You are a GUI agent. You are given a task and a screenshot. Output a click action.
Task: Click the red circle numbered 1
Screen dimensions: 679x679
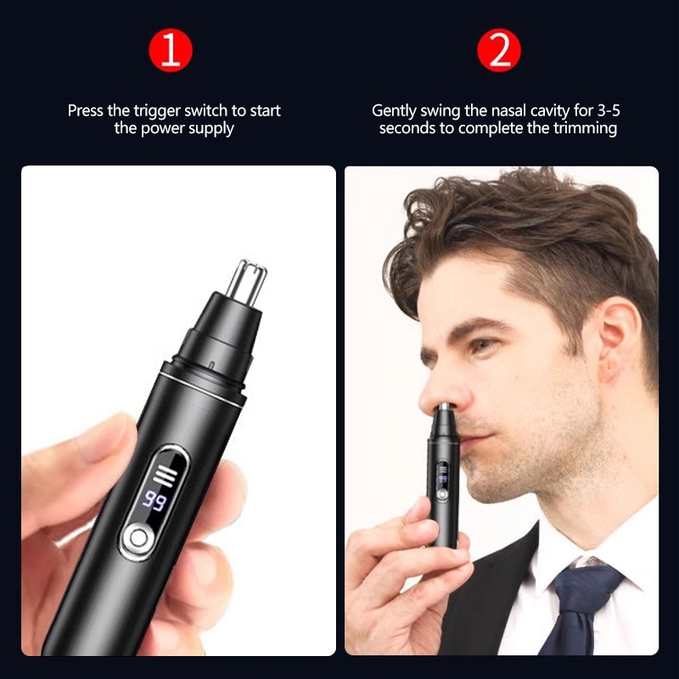[171, 50]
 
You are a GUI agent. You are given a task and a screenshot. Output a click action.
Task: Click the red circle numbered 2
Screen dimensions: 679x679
[499, 50]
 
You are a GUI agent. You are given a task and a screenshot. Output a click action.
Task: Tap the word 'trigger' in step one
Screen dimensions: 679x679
[158, 112]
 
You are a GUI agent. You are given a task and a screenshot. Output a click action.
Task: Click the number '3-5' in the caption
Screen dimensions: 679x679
[609, 110]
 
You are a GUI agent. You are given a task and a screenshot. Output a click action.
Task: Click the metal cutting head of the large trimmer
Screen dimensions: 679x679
[246, 281]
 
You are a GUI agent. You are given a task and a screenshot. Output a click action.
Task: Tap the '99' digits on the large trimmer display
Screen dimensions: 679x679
[154, 501]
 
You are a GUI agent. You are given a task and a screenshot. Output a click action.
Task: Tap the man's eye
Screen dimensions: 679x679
[482, 345]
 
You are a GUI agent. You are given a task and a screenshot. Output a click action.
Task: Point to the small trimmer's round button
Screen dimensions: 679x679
[441, 495]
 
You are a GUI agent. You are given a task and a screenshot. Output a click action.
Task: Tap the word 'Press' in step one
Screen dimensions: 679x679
[87, 111]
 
